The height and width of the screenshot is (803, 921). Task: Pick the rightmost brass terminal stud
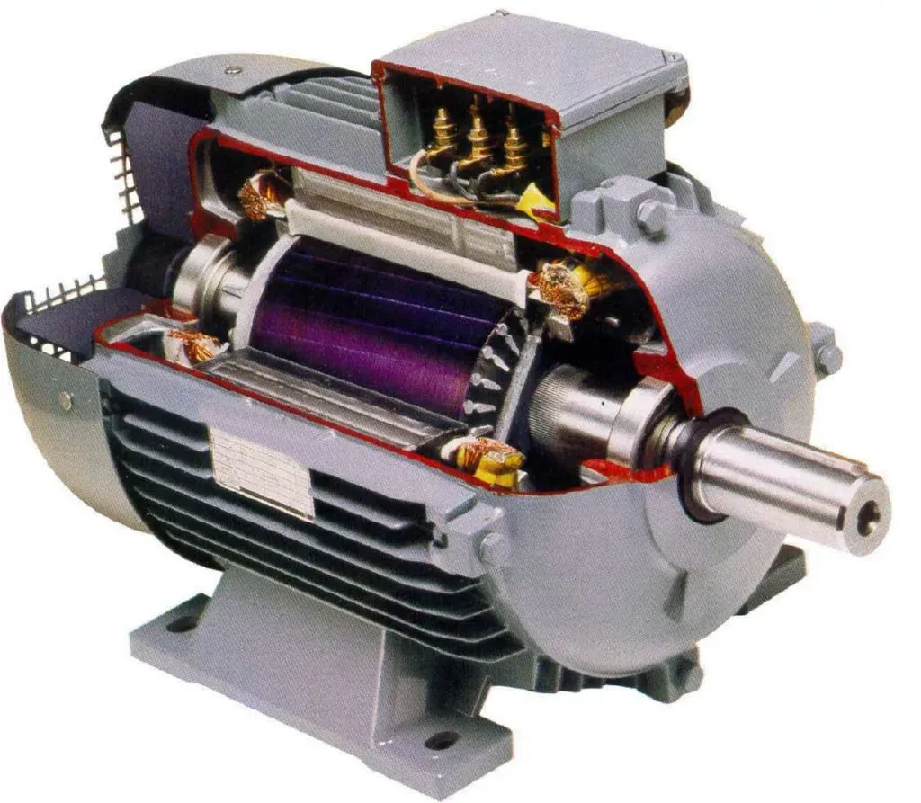tap(514, 145)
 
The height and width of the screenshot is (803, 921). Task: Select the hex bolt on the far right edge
tap(826, 357)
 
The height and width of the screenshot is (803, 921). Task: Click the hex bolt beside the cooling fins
tap(494, 548)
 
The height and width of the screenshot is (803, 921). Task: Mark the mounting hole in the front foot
tap(442, 740)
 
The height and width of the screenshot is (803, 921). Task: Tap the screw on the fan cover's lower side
tap(66, 401)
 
